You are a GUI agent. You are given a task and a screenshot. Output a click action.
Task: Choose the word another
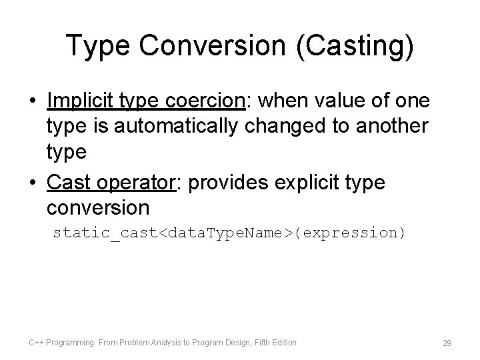click(393, 125)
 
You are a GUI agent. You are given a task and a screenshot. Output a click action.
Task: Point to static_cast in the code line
click(107, 233)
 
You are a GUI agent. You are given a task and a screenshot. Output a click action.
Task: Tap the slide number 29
click(447, 343)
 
